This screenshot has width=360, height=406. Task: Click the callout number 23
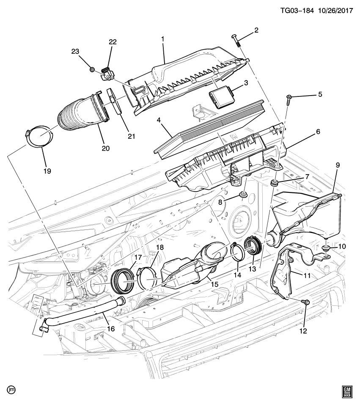coord(75,51)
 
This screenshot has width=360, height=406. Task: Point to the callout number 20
coord(105,148)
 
